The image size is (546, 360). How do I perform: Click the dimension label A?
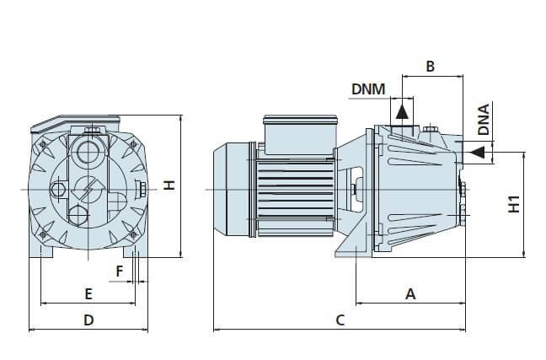click(x=411, y=294)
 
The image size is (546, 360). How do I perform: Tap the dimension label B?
click(x=430, y=66)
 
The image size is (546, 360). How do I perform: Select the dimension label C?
click(x=340, y=320)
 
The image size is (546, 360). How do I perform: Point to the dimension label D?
click(x=88, y=320)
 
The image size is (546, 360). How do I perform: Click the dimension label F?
click(x=120, y=271)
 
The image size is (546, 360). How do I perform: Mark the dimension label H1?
click(x=514, y=203)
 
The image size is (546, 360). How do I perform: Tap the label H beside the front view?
click(x=169, y=185)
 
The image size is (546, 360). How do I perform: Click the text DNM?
click(x=367, y=89)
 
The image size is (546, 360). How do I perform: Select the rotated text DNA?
click(x=484, y=120)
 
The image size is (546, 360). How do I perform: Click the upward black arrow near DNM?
click(x=403, y=110)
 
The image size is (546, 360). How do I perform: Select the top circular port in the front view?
click(x=88, y=153)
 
